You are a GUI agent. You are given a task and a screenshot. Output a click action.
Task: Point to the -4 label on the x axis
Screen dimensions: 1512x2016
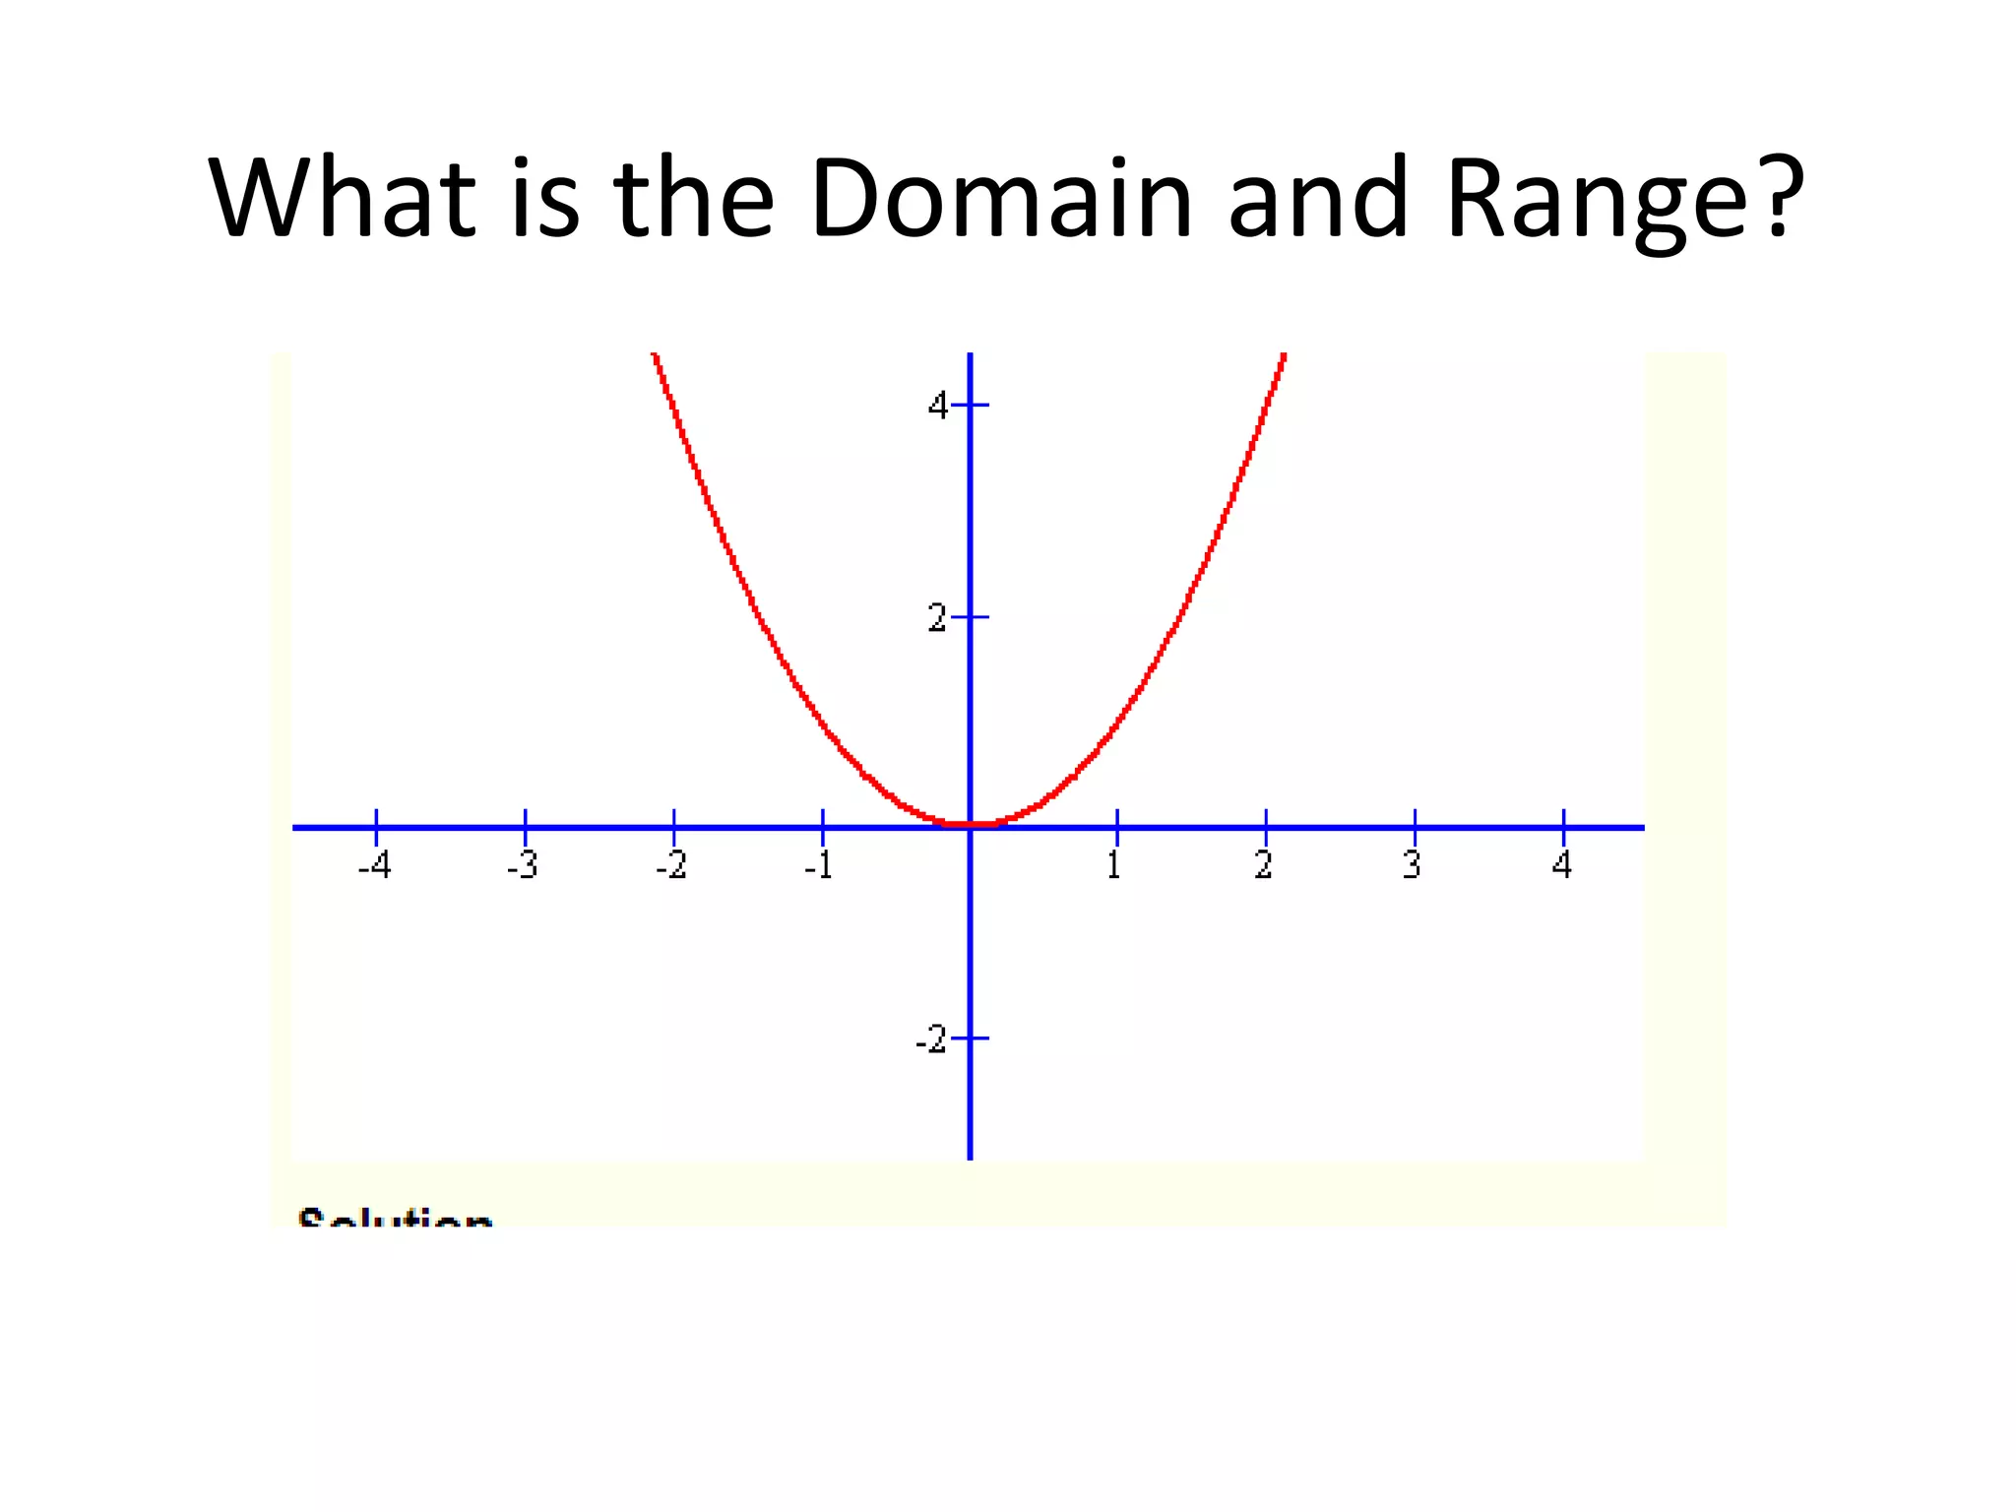(x=374, y=865)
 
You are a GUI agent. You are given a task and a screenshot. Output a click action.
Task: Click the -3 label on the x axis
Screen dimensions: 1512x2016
(x=523, y=865)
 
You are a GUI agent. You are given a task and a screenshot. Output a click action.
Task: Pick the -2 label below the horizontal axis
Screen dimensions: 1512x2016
(x=671, y=865)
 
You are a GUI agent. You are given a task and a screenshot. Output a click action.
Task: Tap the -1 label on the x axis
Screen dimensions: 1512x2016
(x=819, y=865)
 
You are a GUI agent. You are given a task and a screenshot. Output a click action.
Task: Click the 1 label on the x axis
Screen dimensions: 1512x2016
(x=1114, y=865)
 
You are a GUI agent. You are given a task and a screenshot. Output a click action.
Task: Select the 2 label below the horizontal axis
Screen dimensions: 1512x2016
(x=1264, y=865)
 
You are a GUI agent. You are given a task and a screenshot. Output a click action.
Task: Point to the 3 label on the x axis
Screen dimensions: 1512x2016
(x=1413, y=865)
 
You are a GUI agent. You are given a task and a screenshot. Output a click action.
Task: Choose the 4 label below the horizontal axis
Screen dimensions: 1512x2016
(x=1562, y=865)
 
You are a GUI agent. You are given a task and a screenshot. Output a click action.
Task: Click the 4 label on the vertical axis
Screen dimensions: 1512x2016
(x=938, y=405)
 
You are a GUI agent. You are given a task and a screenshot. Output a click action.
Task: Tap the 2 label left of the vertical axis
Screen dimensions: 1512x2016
(x=938, y=618)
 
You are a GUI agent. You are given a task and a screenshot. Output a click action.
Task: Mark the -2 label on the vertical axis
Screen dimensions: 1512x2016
(x=931, y=1039)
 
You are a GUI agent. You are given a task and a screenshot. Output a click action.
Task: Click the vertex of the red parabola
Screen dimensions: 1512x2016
(x=971, y=824)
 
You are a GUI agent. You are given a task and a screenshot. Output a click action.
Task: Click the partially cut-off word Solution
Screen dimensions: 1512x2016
(x=395, y=1218)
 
